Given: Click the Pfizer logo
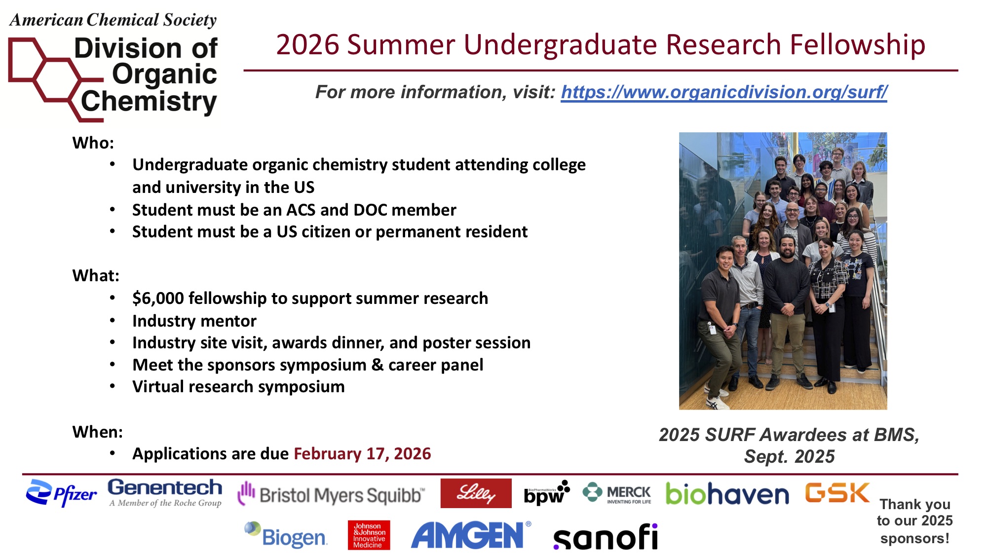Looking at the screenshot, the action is point(61,493).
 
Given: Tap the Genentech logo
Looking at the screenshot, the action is point(165,493).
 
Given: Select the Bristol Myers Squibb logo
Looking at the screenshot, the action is point(331,494).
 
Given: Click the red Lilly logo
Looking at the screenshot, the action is point(476,493).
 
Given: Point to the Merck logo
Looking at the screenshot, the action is point(616,493).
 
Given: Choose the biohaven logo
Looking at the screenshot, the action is point(727,493).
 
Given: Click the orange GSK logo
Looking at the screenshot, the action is point(837,492).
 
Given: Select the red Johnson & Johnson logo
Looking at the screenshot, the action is point(369,535).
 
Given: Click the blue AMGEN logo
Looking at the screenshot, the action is point(471,535).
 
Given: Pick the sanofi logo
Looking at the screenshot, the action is point(606,537).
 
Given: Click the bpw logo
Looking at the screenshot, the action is point(547,493).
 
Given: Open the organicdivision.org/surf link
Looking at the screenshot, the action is point(724,92).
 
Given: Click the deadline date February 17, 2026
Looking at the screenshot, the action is point(362,453).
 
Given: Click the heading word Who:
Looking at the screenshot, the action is point(93,143).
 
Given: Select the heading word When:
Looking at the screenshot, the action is point(98,432).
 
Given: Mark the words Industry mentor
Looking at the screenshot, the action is point(194,321).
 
